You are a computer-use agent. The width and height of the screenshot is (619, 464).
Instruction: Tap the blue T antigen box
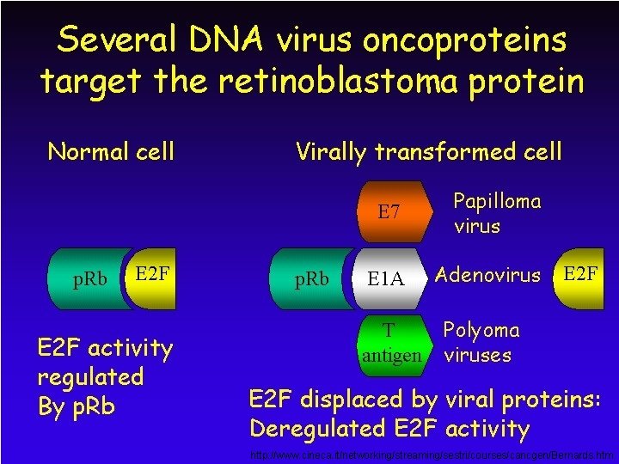[391, 342]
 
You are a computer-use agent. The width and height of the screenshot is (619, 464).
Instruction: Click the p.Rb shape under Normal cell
[86, 279]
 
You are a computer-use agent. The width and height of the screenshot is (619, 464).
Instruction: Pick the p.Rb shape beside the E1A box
[311, 279]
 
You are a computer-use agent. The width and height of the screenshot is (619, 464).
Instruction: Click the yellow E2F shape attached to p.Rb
[153, 275]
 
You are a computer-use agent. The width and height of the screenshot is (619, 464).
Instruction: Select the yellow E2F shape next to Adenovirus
[580, 275]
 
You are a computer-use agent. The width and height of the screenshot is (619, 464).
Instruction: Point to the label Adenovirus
[487, 276]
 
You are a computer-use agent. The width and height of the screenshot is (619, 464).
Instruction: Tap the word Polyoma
[481, 331]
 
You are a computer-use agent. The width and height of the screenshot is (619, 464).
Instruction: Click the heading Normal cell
[110, 152]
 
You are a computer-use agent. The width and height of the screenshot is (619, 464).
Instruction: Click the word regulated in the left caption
[90, 376]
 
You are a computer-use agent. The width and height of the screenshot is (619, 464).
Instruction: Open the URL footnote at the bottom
[431, 454]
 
